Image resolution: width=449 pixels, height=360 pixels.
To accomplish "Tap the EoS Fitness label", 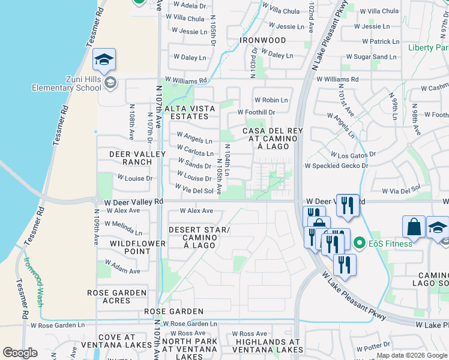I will (391, 243).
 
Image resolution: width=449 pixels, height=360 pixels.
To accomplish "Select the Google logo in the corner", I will (20, 353).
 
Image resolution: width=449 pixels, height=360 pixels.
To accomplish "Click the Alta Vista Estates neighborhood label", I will (189, 112).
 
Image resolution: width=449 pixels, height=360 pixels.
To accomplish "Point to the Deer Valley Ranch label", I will (137, 158).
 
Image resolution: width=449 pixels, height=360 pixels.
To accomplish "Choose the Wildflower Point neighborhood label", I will (137, 247).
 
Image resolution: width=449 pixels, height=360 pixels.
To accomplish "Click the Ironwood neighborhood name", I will (263, 40).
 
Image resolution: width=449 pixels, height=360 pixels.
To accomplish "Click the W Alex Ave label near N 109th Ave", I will (122, 211).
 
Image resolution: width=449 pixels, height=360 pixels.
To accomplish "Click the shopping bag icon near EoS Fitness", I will (414, 227).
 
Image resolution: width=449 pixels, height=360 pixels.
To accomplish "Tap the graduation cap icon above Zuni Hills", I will (104, 59).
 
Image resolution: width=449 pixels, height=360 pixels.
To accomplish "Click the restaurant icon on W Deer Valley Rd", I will (348, 205).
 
